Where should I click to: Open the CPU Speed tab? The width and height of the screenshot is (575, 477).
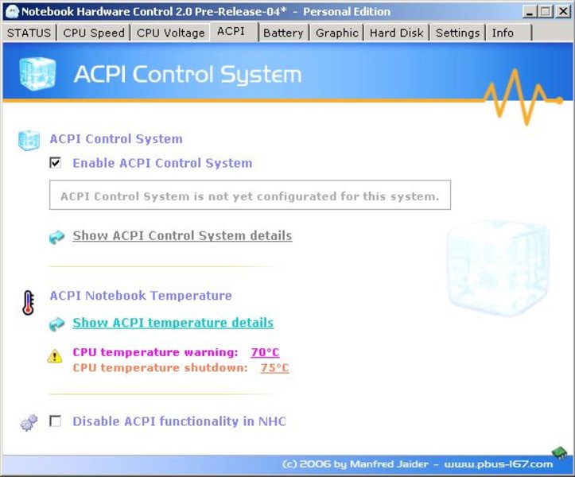(94, 33)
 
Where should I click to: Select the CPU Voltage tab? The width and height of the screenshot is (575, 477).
(170, 33)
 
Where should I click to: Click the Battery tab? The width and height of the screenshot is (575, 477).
(283, 33)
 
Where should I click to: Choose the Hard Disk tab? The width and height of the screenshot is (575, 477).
(396, 33)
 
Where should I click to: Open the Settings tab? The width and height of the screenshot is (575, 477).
(457, 33)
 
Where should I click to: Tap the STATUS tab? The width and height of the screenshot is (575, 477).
(29, 33)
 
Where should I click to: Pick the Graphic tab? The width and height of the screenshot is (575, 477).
(336, 33)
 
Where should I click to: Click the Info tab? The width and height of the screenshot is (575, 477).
(509, 33)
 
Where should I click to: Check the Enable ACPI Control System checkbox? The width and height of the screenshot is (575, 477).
(56, 162)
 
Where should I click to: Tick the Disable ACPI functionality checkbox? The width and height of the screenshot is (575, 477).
(56, 421)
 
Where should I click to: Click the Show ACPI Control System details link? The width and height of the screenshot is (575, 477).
(182, 235)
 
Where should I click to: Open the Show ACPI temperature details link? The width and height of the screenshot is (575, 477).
(173, 323)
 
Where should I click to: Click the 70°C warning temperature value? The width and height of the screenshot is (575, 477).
(265, 352)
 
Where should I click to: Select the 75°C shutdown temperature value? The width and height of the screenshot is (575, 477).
(274, 368)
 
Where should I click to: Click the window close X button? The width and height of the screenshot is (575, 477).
(563, 12)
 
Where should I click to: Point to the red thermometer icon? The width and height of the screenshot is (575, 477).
(29, 303)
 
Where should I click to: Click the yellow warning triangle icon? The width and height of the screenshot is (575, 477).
(55, 355)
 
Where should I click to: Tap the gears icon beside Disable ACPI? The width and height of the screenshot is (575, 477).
(29, 422)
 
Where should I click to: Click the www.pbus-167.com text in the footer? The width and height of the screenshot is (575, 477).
(499, 464)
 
